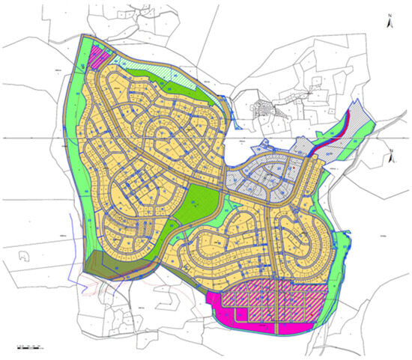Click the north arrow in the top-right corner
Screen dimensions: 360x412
[x=388, y=21]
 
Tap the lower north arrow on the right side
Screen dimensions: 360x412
[x=391, y=157]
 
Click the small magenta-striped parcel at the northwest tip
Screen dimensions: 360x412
[x=97, y=55]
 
